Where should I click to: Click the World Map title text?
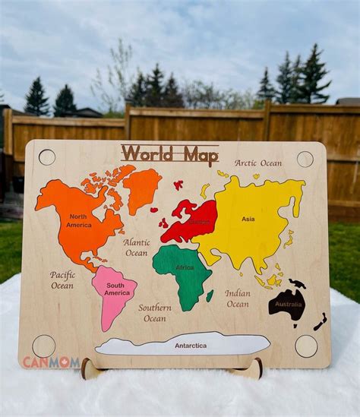[x=169, y=153]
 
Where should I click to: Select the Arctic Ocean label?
[x=257, y=163]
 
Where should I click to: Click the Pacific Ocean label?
[x=62, y=280]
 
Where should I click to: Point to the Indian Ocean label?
[x=237, y=299]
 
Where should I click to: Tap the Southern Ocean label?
[x=154, y=313]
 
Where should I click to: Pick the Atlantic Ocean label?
[x=137, y=248]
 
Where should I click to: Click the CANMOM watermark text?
[x=51, y=362]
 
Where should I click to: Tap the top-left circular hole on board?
[x=47, y=157]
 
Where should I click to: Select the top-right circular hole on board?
[x=305, y=159]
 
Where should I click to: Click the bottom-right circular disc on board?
[x=306, y=346]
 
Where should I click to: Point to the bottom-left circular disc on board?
[x=44, y=346]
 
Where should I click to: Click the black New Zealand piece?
[x=320, y=322]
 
